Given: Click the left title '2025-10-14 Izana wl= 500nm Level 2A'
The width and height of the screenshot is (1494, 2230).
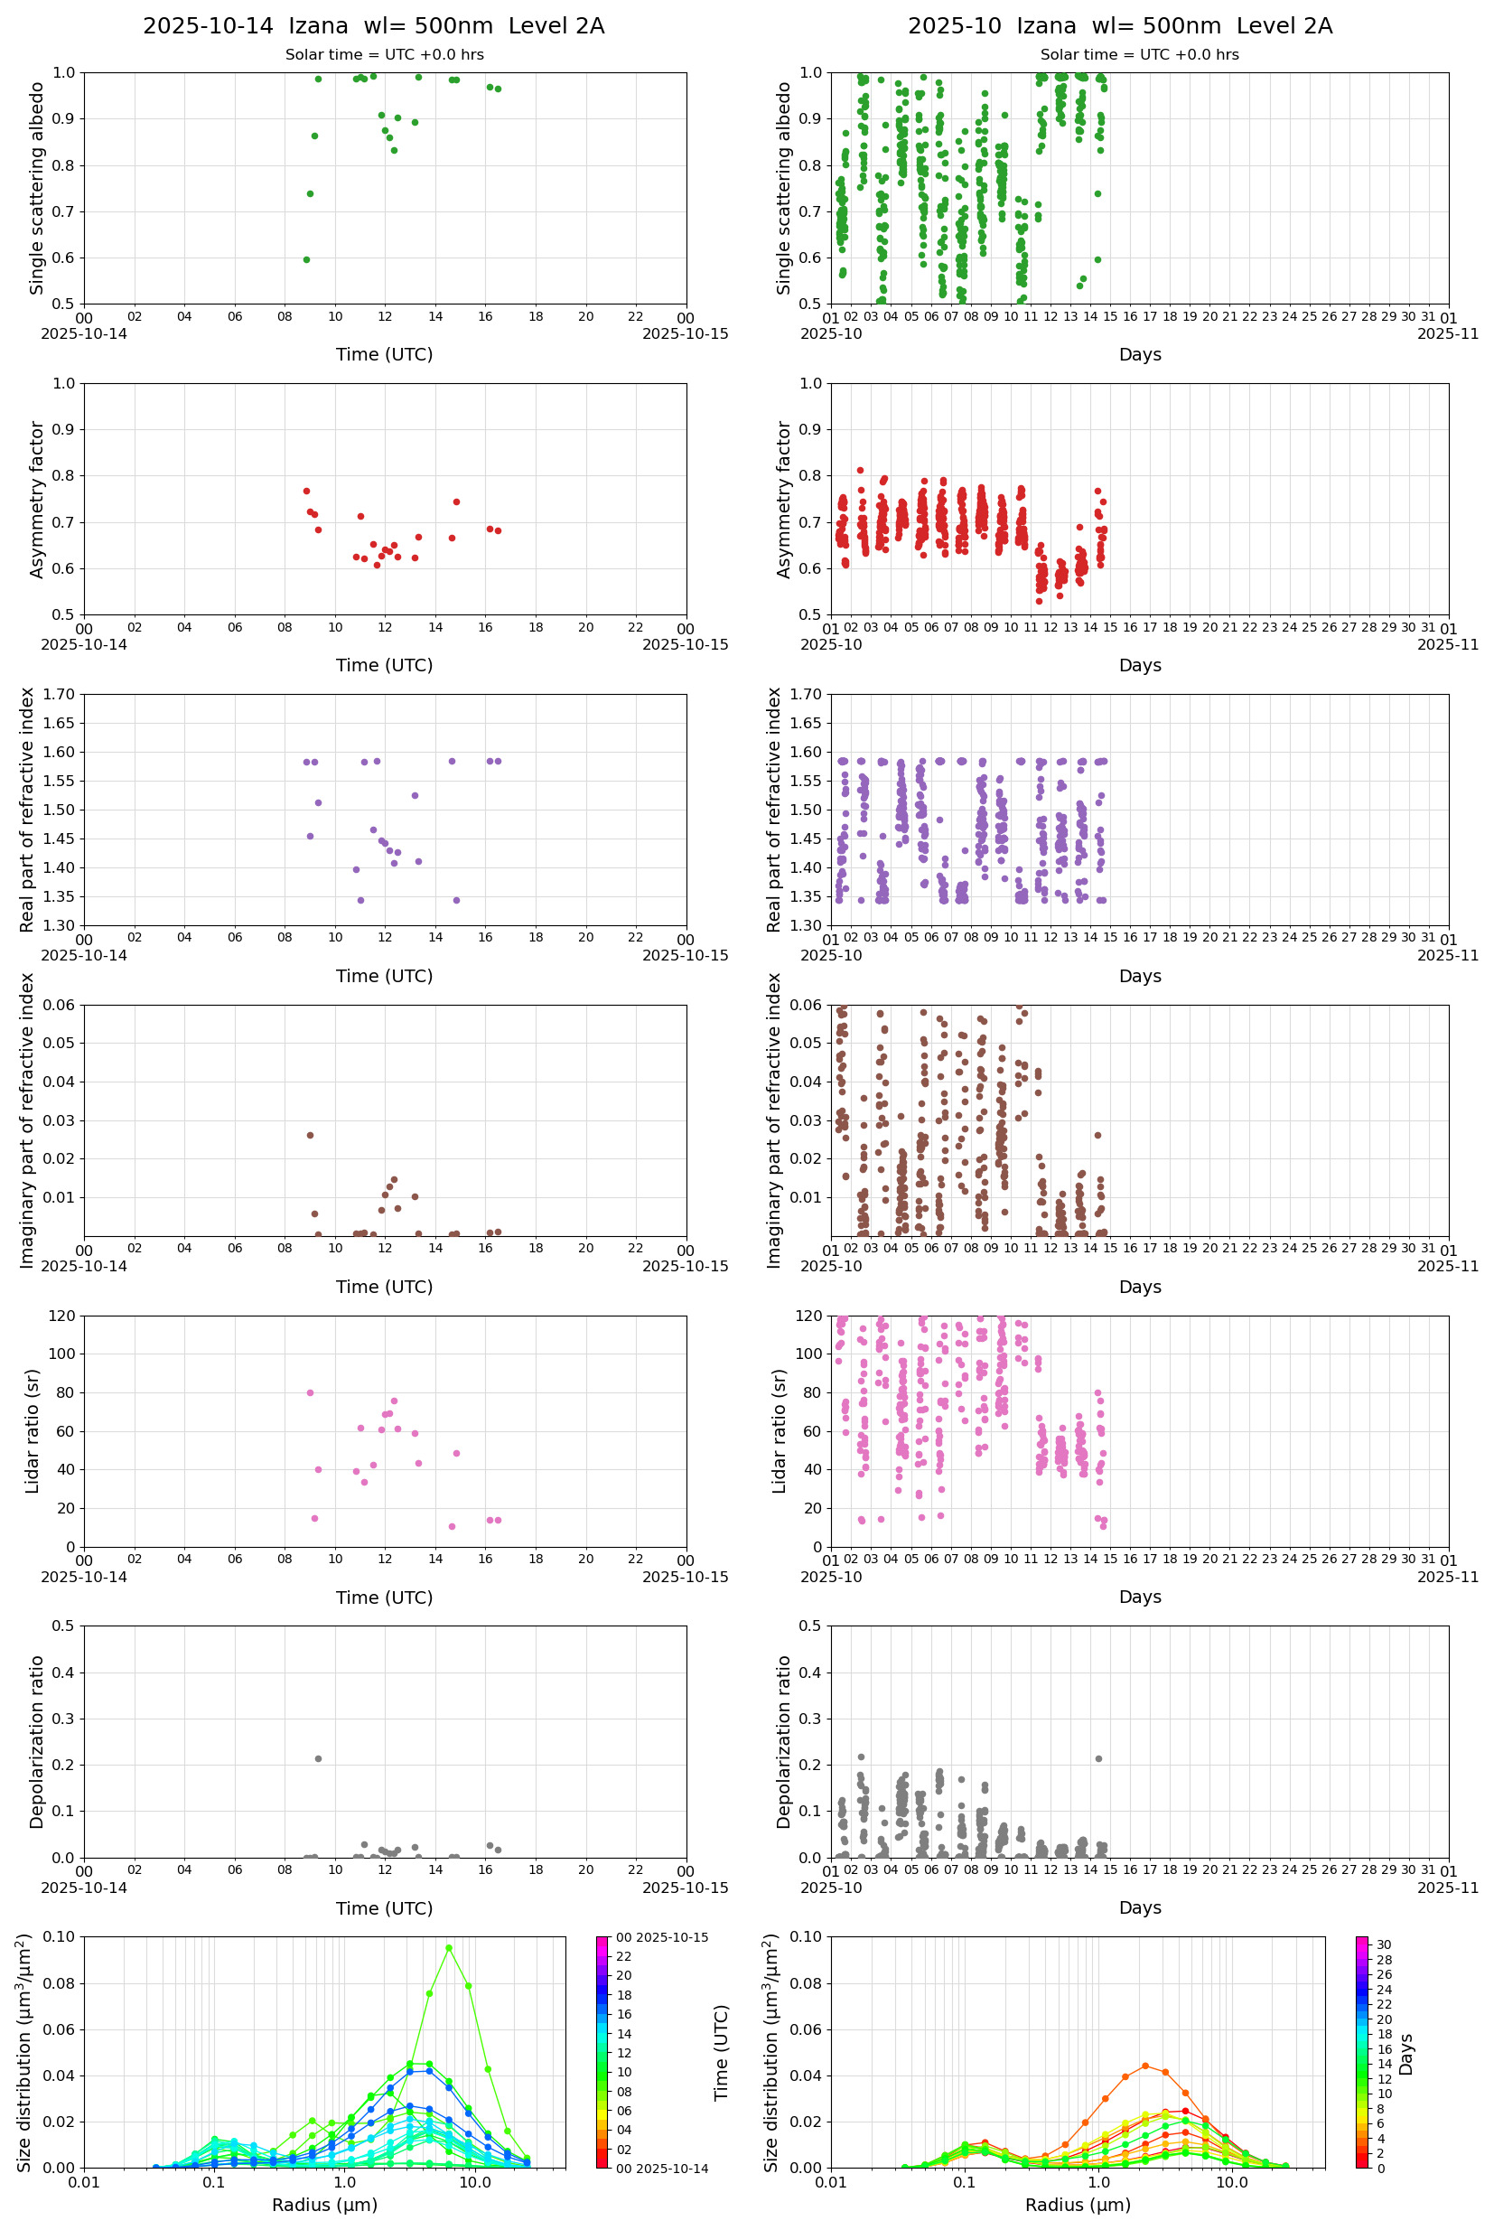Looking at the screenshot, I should (374, 27).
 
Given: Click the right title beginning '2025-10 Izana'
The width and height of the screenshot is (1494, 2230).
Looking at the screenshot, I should (1119, 27).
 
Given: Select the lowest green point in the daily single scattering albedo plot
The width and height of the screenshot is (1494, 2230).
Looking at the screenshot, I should (306, 259).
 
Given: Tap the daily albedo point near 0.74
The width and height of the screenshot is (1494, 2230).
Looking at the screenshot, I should (310, 193).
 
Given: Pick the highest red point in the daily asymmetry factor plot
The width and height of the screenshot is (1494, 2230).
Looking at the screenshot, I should (307, 491).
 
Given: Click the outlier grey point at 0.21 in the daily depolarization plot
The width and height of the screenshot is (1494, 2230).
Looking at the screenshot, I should (318, 1758).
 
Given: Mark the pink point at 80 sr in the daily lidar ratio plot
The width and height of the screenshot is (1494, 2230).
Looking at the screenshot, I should (310, 1392).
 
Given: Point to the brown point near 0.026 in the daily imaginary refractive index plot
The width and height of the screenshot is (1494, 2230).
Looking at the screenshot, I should (310, 1135).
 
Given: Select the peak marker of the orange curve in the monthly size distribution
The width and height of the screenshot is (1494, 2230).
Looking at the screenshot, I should (1145, 2066).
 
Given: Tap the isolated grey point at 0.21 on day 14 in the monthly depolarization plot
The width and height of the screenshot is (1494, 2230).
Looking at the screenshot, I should (1098, 1758).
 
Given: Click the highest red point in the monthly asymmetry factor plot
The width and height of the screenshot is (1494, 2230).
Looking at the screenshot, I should (861, 470).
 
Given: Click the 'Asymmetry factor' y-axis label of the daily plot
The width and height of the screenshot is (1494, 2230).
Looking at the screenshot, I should (37, 500).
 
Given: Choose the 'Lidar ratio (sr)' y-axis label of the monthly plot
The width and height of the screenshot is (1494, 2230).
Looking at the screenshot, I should (780, 1430).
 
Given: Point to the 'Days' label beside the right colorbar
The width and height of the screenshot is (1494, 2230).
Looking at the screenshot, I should (1406, 2054).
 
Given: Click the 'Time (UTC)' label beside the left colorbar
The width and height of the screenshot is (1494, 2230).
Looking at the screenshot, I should (722, 2053).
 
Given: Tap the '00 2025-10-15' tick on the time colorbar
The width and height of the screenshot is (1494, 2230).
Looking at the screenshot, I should (661, 1937).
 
